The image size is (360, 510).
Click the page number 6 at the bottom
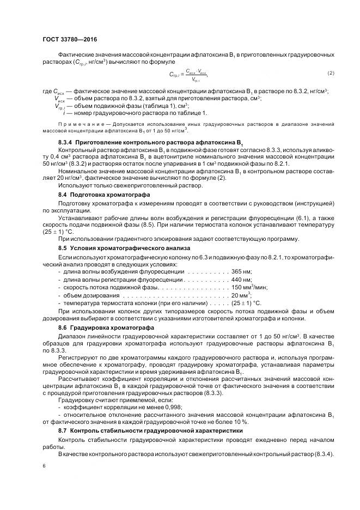[x=44, y=466]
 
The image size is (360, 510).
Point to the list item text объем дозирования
[x=87, y=295]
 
